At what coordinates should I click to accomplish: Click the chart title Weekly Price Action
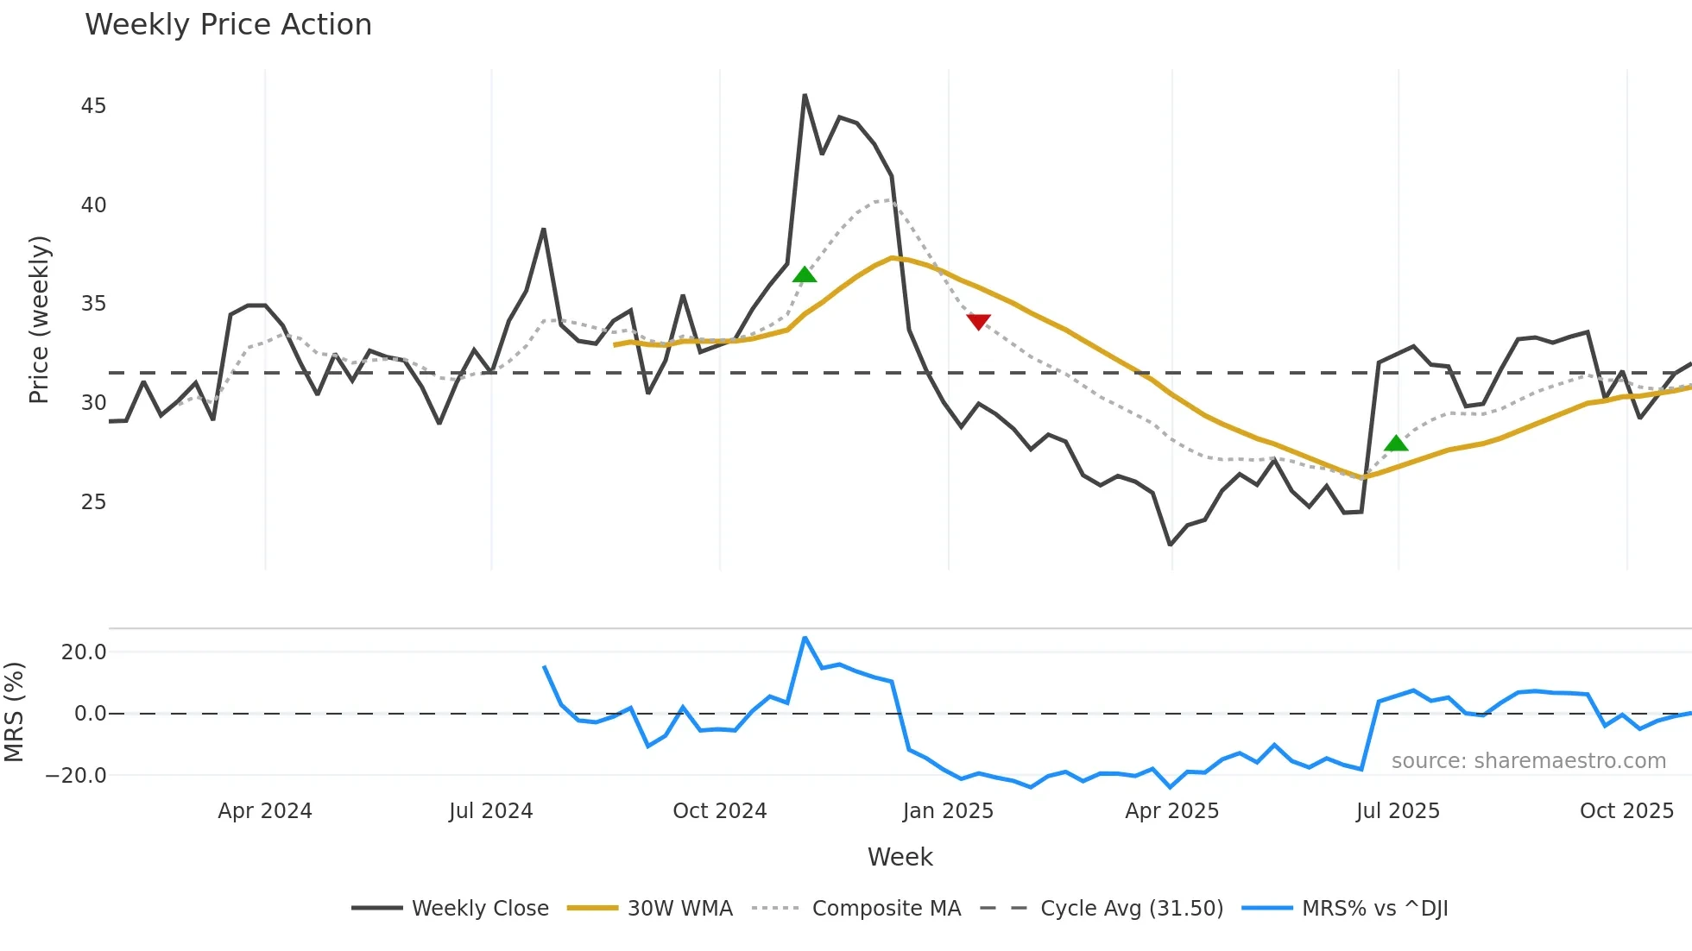228,25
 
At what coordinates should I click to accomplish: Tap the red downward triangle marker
978,322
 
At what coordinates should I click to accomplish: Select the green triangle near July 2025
1396,444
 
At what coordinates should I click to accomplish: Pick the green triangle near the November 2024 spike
805,274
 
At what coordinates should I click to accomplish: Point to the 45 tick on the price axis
93,106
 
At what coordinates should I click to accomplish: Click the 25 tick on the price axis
93,501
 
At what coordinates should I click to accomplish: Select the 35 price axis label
93,304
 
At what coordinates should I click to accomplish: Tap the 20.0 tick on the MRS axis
84,652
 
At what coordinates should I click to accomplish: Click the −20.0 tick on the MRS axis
76,775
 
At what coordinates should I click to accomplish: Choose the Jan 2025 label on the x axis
948,811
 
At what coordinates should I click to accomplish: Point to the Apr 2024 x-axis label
264,811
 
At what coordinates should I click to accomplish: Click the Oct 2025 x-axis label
1626,811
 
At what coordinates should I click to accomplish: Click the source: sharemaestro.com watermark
1528,761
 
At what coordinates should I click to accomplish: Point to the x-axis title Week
900,857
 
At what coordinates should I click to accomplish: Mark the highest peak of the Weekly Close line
805,95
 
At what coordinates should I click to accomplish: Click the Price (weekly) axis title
40,319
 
